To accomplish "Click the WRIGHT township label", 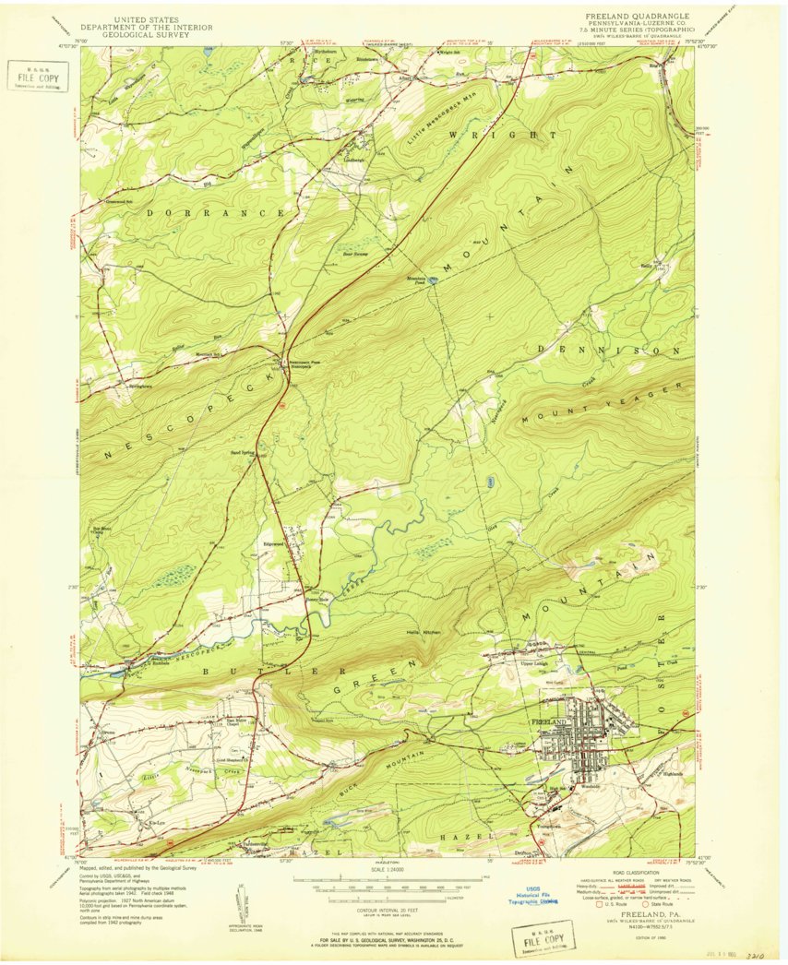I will tap(503, 135).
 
